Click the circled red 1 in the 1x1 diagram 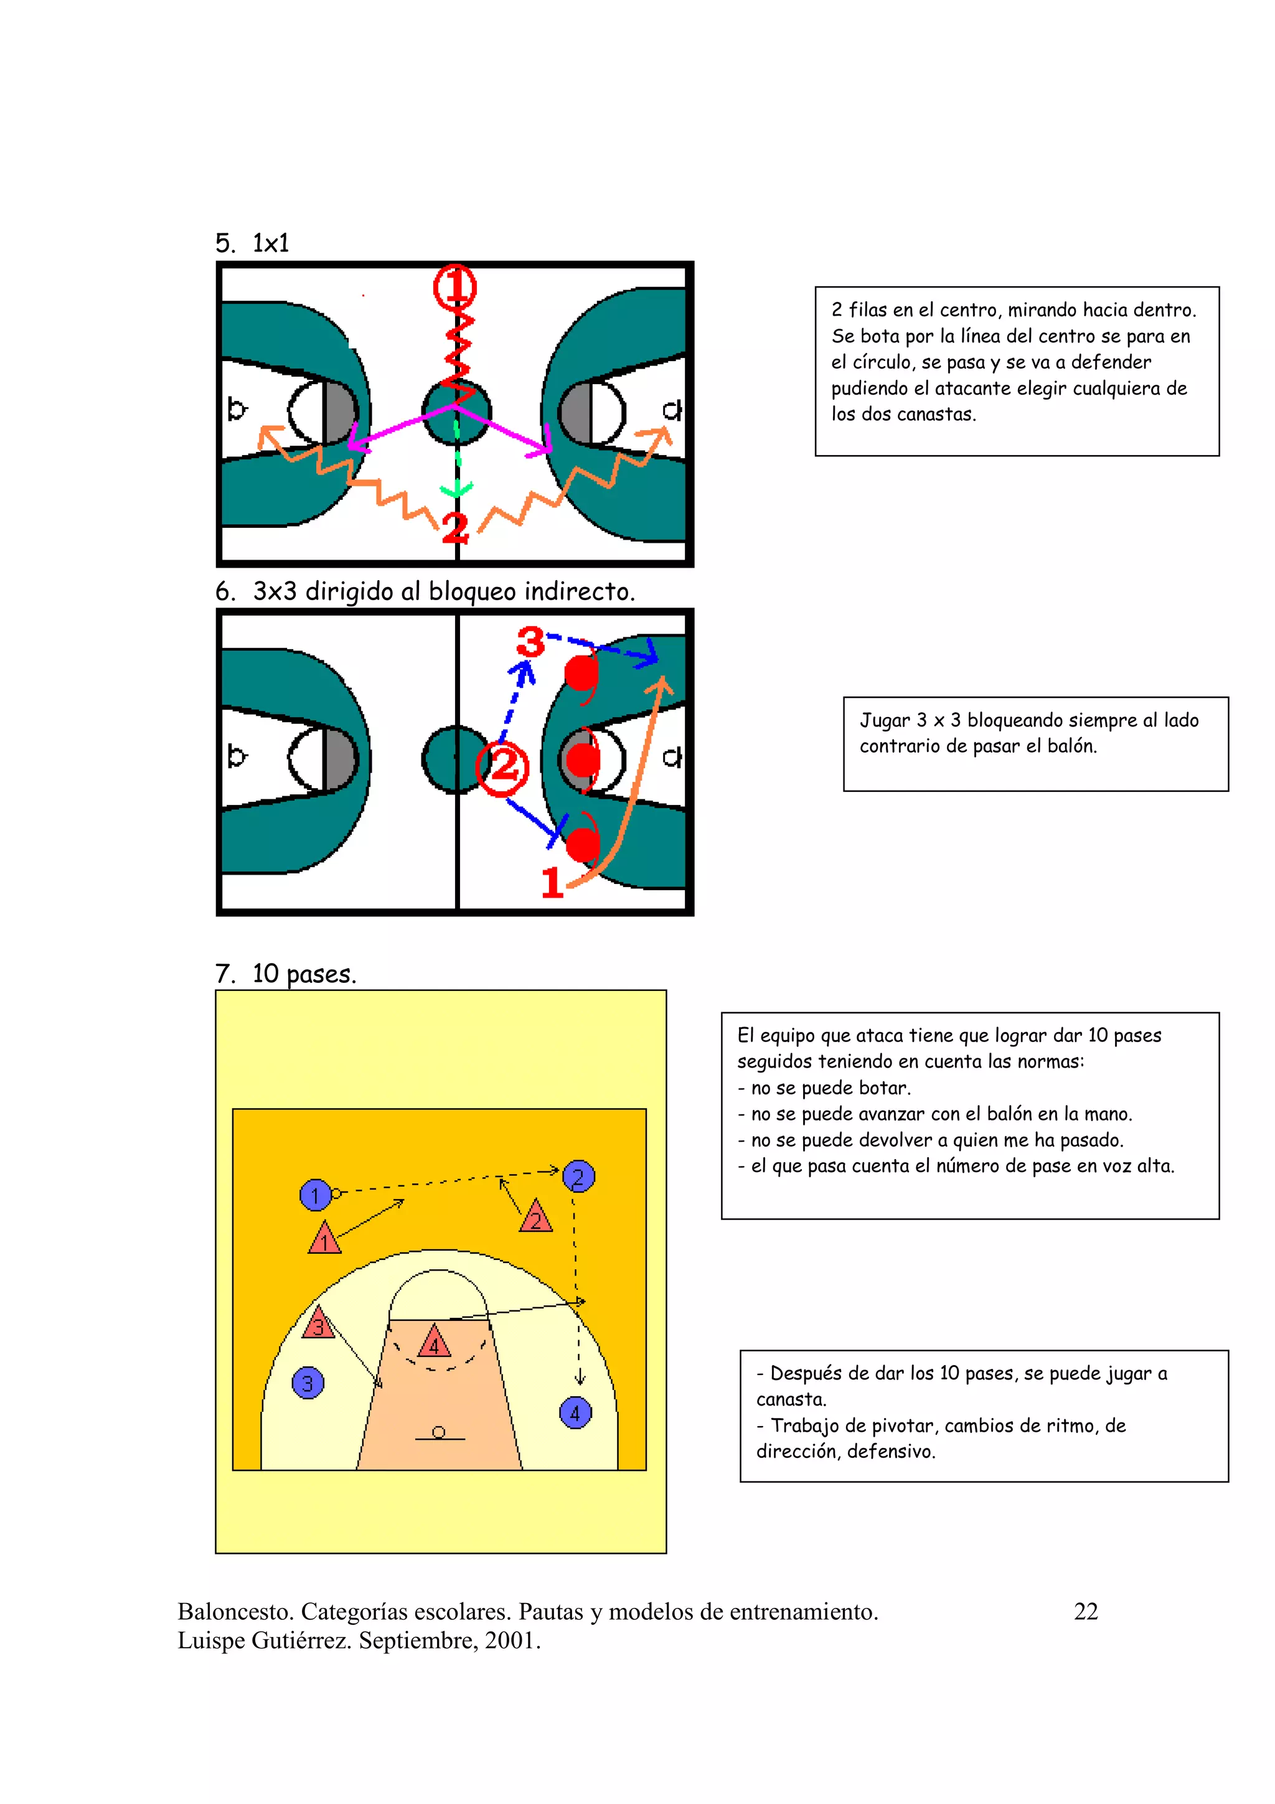[455, 288]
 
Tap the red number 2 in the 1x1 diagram [455, 528]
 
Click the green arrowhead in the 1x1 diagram [456, 491]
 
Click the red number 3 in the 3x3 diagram [530, 642]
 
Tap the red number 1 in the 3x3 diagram [552, 882]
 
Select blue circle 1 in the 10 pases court [315, 1195]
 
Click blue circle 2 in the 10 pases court [578, 1177]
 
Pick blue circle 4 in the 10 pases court [575, 1412]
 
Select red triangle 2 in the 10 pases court [536, 1218]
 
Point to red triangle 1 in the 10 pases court [324, 1240]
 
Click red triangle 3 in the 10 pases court [318, 1325]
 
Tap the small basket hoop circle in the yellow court [438, 1432]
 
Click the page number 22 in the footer [1085, 1612]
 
